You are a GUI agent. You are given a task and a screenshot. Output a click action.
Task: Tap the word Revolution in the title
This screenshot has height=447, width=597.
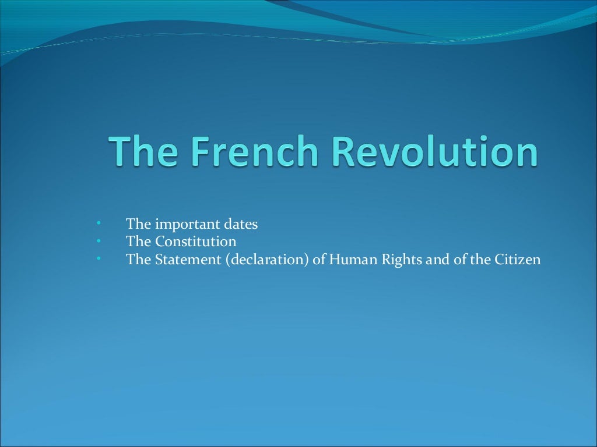coord(434,151)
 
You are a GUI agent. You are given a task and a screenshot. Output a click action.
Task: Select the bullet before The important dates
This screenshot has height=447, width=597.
coord(99,223)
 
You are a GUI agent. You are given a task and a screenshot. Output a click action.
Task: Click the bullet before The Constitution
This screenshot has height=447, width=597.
coord(99,241)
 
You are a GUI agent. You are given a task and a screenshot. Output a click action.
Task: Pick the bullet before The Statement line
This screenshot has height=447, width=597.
coord(99,258)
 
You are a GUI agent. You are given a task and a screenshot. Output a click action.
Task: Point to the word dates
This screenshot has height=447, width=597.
coord(240,224)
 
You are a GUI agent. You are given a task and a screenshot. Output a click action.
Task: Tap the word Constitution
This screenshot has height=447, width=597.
coord(195,242)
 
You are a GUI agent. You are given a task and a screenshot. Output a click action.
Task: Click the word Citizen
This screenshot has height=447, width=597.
coord(518,259)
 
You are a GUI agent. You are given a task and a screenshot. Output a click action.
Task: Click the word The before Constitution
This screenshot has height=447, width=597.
coord(138,242)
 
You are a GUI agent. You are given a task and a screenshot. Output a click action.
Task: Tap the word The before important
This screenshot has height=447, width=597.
coord(138,224)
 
